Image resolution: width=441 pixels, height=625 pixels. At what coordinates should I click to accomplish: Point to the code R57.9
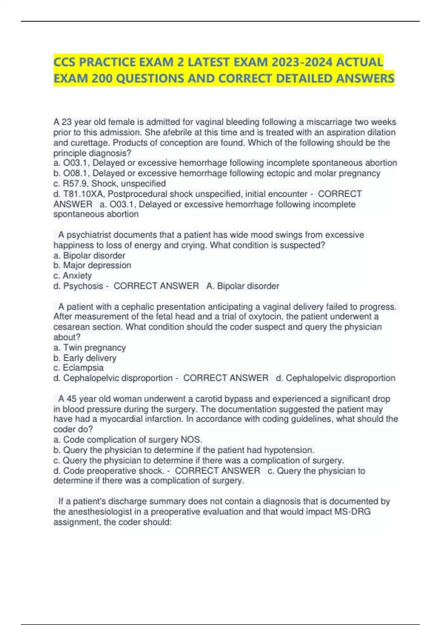(x=75, y=183)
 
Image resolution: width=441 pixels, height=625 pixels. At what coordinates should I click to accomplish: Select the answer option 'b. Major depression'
(x=92, y=265)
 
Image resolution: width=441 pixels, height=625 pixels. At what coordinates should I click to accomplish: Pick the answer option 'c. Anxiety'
(x=72, y=276)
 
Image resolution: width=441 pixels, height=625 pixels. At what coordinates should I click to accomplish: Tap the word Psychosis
(x=83, y=286)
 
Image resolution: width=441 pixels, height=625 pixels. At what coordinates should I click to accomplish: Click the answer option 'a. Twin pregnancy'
(x=90, y=347)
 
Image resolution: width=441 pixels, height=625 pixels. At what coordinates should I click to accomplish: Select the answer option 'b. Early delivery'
(x=85, y=358)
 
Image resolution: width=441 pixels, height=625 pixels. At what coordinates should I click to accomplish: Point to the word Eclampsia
(x=83, y=368)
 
